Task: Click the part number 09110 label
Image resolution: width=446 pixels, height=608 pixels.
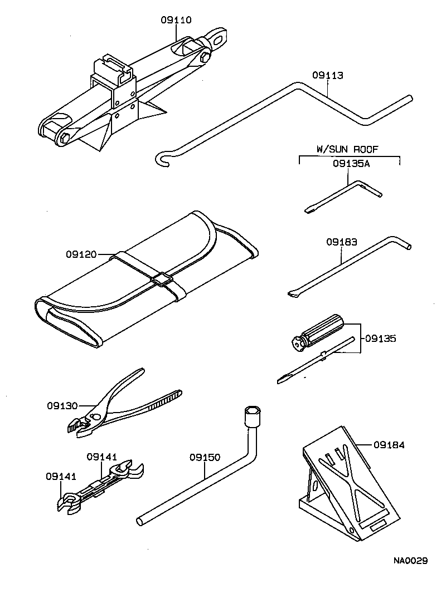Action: click(176, 20)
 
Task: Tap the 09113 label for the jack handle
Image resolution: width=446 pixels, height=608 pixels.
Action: click(327, 76)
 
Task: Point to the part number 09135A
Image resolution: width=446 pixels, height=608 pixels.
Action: click(351, 164)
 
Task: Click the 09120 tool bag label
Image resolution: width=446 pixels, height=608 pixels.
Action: click(81, 254)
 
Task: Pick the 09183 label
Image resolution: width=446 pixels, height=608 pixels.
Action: click(341, 242)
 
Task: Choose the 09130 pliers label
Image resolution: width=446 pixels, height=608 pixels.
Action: click(62, 406)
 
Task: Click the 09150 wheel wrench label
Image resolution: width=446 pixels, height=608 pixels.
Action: click(205, 458)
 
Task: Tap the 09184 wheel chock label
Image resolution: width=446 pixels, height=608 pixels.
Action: click(389, 445)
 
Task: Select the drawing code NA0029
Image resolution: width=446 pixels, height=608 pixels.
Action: click(409, 561)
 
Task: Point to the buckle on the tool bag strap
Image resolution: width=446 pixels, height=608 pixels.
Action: click(162, 280)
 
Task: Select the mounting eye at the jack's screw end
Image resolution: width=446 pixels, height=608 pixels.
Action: click(219, 37)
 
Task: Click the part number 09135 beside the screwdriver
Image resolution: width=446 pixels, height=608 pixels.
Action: click(381, 339)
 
